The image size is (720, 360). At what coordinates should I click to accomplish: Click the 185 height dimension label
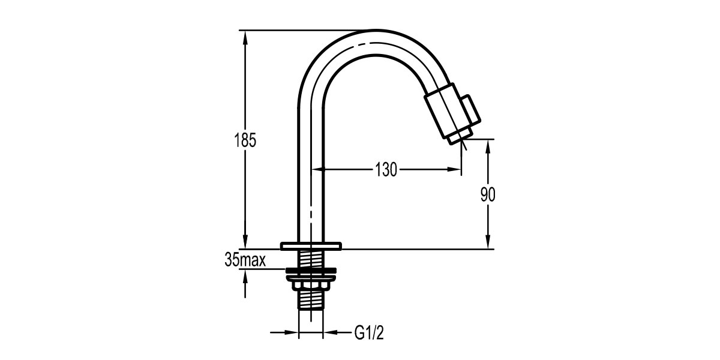245,141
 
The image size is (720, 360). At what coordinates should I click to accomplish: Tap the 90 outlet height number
489,194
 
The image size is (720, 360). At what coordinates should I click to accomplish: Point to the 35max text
245,260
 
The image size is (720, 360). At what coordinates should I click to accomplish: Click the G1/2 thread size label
367,332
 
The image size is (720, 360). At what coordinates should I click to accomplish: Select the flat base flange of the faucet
311,245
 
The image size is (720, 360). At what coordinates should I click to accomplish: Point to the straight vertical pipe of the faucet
311,180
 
